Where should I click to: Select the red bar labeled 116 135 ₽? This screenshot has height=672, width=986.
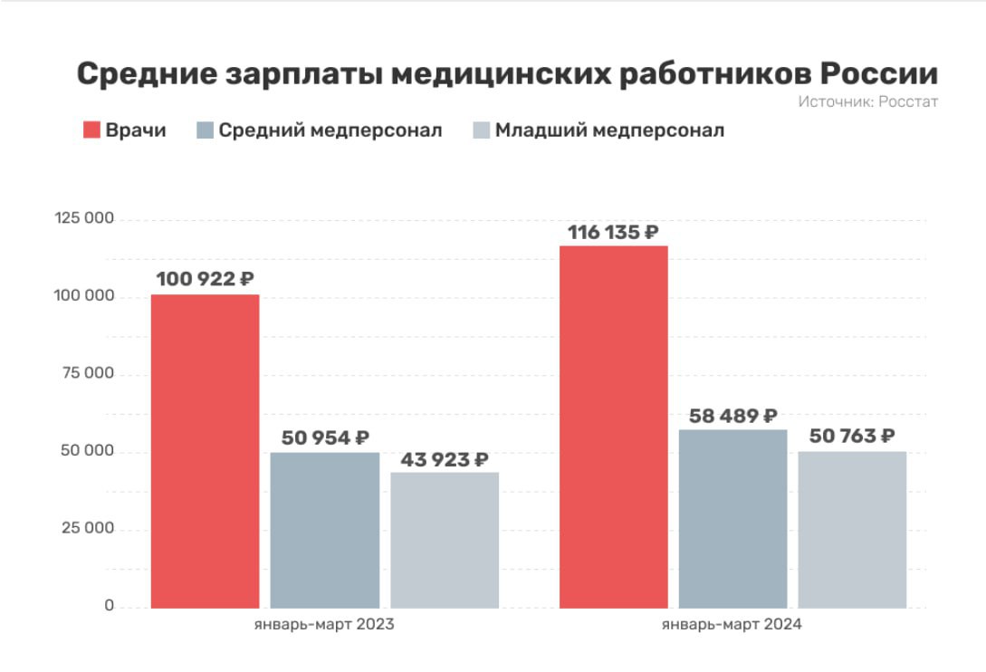pyautogui.click(x=613, y=427)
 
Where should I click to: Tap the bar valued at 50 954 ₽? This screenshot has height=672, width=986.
pyautogui.click(x=325, y=530)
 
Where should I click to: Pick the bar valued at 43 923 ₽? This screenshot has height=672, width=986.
pyautogui.click(x=445, y=540)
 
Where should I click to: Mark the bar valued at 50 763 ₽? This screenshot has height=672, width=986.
pyautogui.click(x=852, y=529)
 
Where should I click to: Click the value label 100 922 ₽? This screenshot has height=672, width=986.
pyautogui.click(x=206, y=279)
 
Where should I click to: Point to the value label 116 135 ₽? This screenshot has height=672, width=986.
pyautogui.click(x=613, y=232)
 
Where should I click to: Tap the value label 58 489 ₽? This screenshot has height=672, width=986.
pyautogui.click(x=732, y=416)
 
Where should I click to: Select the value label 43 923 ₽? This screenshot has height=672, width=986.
pyautogui.click(x=444, y=459)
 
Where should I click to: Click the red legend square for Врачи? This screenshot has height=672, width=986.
pyautogui.click(x=91, y=130)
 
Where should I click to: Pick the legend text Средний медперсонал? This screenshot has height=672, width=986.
pyautogui.click(x=330, y=130)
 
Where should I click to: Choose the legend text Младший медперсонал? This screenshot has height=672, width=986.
pyautogui.click(x=609, y=130)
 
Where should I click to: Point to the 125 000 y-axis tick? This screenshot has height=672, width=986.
pyautogui.click(x=83, y=219)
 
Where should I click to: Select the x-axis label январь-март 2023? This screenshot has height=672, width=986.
pyautogui.click(x=323, y=625)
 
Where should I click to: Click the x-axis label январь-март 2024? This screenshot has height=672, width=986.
pyautogui.click(x=732, y=625)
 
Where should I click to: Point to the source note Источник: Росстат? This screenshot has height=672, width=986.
pyautogui.click(x=867, y=101)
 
